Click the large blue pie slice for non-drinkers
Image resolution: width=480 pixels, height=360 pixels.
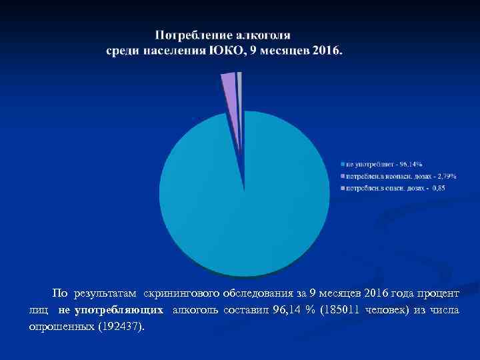coord(244,200)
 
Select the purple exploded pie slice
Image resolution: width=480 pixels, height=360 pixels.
coord(229,87)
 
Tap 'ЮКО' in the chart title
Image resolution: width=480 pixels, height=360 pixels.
coord(223,51)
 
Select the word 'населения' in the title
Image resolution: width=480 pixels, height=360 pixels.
coord(171,51)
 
